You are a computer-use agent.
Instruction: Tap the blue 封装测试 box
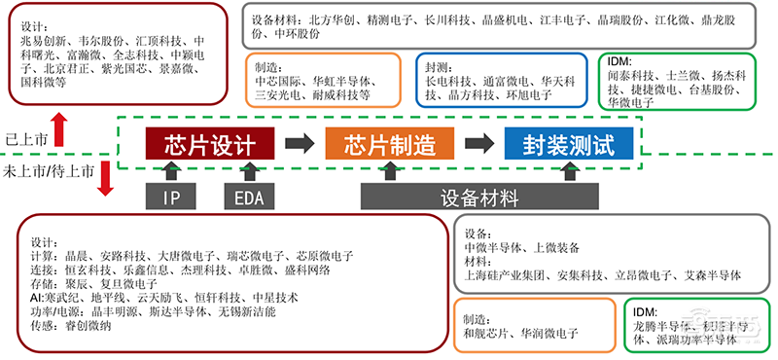[568, 145]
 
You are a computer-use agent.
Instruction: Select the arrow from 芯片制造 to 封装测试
[477, 145]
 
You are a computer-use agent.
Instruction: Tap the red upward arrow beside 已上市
[59, 126]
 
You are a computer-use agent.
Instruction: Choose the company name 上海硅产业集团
[504, 273]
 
